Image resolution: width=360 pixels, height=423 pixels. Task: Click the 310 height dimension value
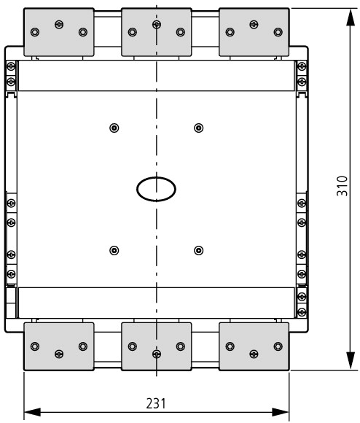(x=343, y=186)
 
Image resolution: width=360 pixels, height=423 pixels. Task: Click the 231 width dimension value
(x=156, y=403)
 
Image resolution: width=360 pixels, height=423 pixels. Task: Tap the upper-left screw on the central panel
(x=114, y=128)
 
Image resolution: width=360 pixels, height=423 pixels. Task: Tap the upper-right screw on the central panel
(x=199, y=128)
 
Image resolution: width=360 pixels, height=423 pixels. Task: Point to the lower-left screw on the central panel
(x=114, y=250)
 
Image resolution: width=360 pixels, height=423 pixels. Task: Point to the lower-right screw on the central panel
(x=199, y=250)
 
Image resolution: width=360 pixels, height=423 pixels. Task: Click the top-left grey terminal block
(x=59, y=32)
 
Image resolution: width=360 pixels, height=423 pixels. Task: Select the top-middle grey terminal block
(x=157, y=32)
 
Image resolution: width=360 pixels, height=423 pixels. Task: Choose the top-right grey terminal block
(x=254, y=32)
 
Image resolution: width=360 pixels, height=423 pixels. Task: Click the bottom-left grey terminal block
(x=59, y=346)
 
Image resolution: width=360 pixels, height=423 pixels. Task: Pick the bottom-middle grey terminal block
(x=157, y=346)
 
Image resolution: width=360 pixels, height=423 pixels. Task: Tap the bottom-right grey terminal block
(x=254, y=346)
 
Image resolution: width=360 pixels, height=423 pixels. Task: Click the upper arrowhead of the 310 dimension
(x=351, y=18)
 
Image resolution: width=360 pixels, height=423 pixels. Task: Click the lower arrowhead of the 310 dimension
(x=351, y=361)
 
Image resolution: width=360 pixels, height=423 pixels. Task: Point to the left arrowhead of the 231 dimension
(x=32, y=412)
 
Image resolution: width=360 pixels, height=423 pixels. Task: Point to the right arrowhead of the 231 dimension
(x=281, y=412)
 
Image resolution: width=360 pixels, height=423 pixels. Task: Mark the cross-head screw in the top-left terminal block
(x=59, y=25)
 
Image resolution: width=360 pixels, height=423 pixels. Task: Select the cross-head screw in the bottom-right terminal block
(x=254, y=354)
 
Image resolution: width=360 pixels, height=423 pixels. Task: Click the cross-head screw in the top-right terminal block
(x=254, y=25)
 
